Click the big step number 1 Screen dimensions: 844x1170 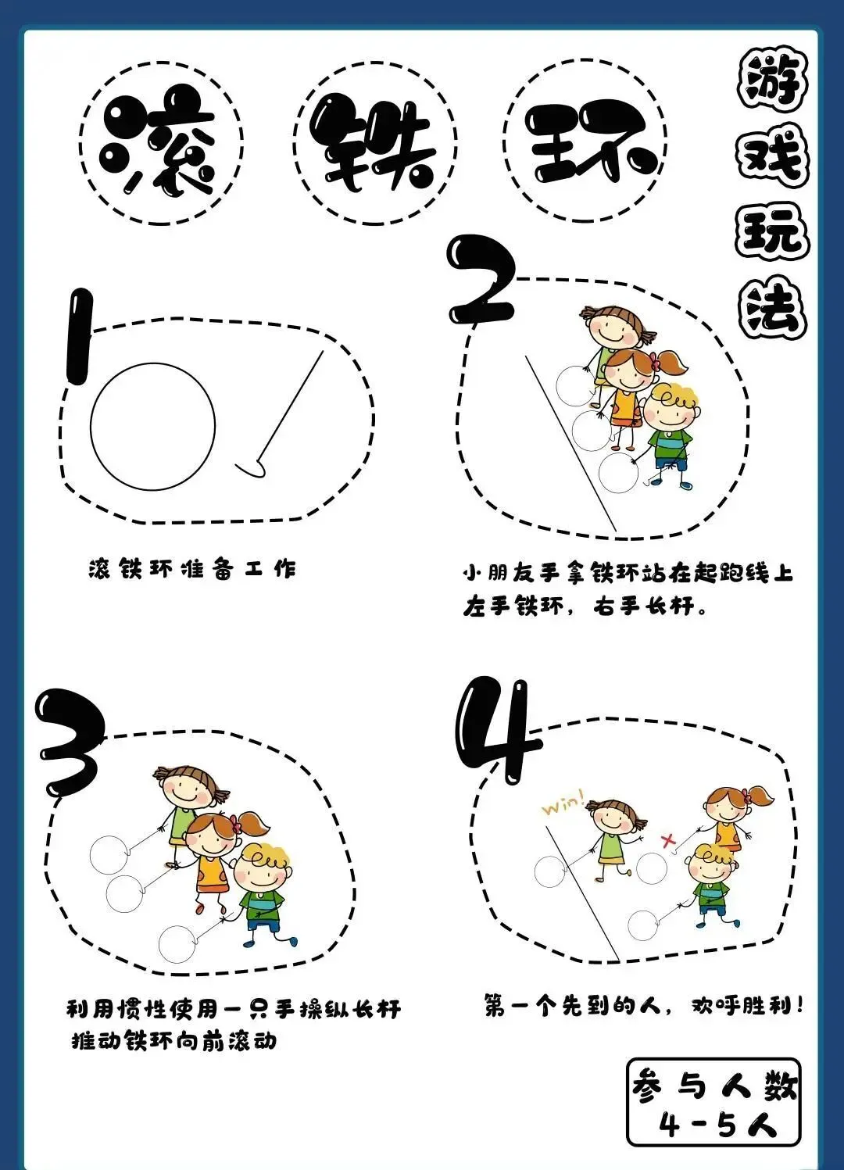tap(79, 338)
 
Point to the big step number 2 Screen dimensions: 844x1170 tap(481, 281)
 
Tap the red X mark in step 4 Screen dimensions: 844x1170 tap(668, 840)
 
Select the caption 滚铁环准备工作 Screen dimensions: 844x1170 tap(191, 569)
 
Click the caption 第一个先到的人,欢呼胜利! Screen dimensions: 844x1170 tap(643, 1005)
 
